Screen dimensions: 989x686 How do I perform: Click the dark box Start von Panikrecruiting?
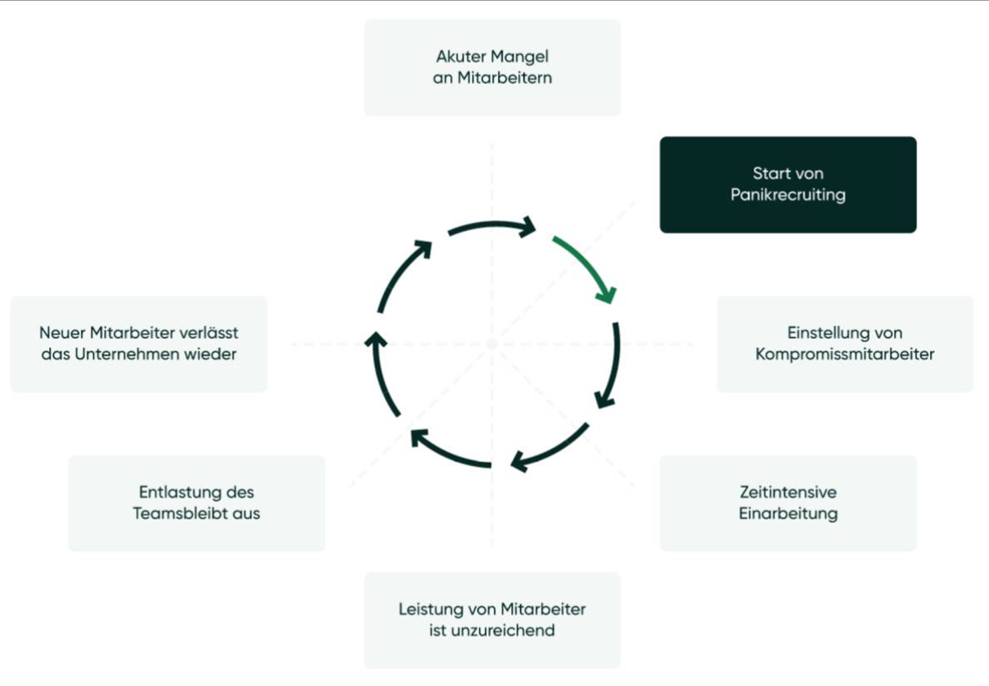click(788, 185)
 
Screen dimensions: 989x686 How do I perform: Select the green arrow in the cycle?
click(588, 264)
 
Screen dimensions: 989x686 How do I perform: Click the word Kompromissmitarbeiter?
click(844, 354)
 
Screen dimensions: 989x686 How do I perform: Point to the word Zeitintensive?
click(788, 492)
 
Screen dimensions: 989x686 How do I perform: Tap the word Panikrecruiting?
click(788, 195)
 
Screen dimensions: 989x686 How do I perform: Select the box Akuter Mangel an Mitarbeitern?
click(492, 67)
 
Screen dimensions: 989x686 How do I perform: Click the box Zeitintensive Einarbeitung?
click(788, 503)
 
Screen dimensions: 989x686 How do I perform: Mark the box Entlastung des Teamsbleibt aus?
click(196, 503)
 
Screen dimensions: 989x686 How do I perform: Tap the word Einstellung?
click(821, 332)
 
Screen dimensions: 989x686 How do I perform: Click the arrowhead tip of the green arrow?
click(610, 303)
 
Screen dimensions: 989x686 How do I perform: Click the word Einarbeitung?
click(788, 513)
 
